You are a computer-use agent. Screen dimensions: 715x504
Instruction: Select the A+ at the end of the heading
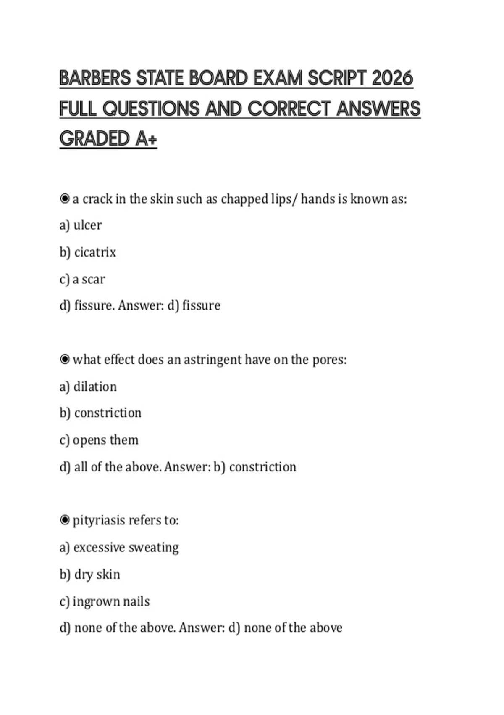pyautogui.click(x=146, y=139)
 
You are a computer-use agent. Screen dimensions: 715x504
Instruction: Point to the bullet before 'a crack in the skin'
pyautogui.click(x=65, y=199)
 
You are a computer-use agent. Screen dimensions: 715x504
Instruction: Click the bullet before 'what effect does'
pyautogui.click(x=65, y=360)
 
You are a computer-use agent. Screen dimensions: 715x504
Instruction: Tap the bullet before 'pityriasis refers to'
pyautogui.click(x=65, y=520)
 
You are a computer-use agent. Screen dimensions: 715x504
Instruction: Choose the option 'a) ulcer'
pyautogui.click(x=81, y=225)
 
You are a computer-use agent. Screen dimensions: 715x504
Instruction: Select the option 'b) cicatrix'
pyautogui.click(x=88, y=252)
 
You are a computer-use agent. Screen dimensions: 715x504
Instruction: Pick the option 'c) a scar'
pyautogui.click(x=82, y=279)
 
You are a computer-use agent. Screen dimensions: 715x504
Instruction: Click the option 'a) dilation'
pyautogui.click(x=88, y=387)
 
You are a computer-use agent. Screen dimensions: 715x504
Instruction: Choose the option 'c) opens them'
pyautogui.click(x=99, y=440)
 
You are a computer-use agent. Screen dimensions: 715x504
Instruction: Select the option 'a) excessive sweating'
pyautogui.click(x=119, y=547)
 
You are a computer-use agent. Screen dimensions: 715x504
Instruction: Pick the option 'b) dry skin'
pyautogui.click(x=90, y=574)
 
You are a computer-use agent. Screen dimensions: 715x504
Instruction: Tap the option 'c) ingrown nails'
pyautogui.click(x=105, y=601)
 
